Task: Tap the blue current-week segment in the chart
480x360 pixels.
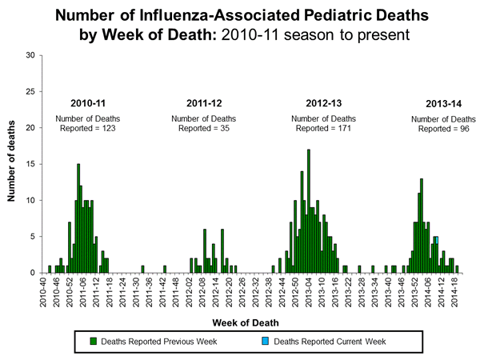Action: [437, 240]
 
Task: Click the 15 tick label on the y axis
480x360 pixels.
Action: [30, 164]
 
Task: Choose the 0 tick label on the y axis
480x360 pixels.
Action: [32, 273]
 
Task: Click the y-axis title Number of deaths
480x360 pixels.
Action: [15, 164]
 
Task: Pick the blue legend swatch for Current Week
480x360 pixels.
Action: [266, 342]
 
